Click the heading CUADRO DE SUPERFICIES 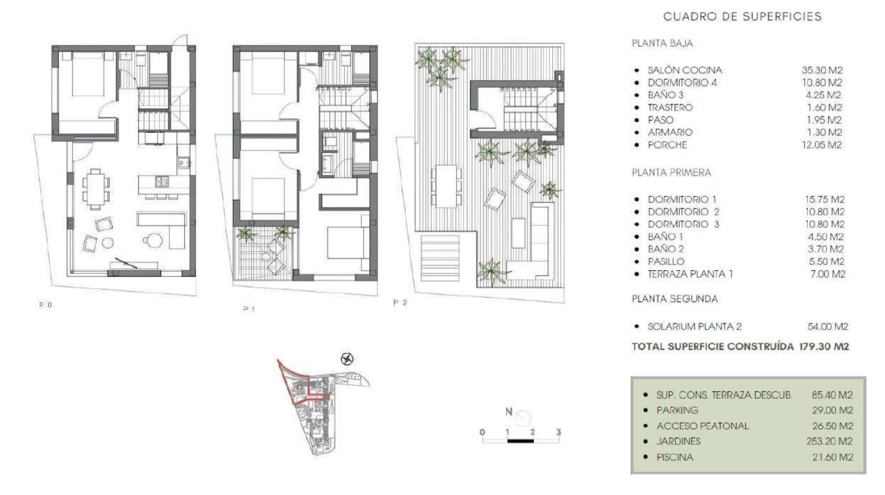pos(742,17)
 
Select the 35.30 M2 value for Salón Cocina pos(822,70)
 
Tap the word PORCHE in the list pos(667,145)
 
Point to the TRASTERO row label pos(670,107)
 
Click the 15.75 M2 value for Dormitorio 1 pos(825,199)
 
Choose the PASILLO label pos(666,261)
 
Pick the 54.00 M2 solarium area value pos(828,327)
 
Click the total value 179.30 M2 pos(824,346)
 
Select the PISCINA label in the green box pos(675,457)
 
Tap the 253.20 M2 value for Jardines pos(830,441)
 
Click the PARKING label pos(677,411)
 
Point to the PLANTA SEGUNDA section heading pos(675,299)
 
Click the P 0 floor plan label pos(45,305)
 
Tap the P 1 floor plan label pos(249,309)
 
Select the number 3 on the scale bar pos(558,432)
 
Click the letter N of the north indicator pos(509,412)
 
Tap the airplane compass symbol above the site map pos(348,359)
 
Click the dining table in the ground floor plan pos(95,189)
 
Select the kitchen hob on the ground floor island pos(162,181)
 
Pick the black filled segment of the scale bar pos(520,441)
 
